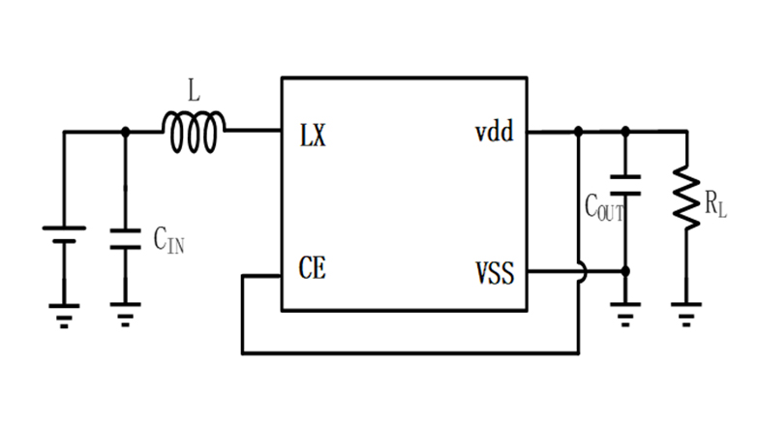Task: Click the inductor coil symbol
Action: [195, 133]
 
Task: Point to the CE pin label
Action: [313, 268]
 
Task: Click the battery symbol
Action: [65, 236]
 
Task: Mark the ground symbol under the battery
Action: [65, 315]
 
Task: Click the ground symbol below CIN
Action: [124, 315]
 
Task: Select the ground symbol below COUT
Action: [625, 315]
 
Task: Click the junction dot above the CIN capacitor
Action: [124, 132]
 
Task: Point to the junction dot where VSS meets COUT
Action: [625, 272]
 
